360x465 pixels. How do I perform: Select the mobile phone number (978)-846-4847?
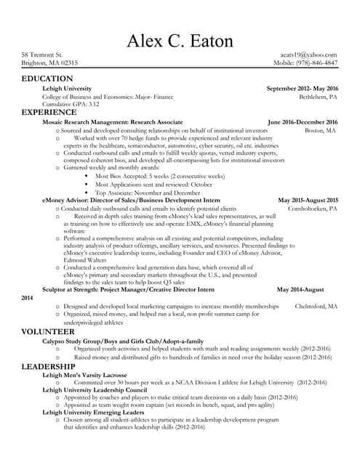tap(313, 63)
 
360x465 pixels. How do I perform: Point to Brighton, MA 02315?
tap(49, 63)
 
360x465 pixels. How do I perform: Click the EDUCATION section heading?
tap(47, 78)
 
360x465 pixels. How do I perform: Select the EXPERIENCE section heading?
tap(48, 113)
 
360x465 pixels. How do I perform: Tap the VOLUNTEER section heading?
tap(48, 331)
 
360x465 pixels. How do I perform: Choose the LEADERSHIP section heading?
tap(50, 366)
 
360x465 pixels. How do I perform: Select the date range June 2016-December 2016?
tap(303, 122)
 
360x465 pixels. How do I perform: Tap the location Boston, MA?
tap(321, 130)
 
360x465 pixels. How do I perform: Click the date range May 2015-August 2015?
tap(308, 200)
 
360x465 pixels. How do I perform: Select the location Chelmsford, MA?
tap(316, 307)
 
